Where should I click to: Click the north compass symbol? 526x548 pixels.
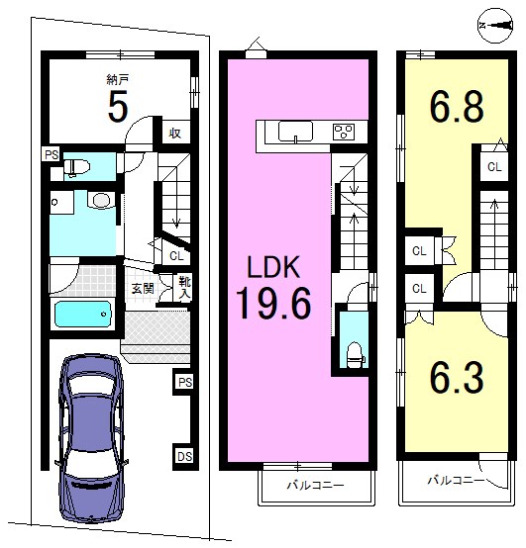point(495,25)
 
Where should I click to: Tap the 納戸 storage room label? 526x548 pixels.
point(117,80)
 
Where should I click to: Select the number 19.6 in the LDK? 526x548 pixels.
point(273,303)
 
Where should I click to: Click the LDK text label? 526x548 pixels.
point(273,267)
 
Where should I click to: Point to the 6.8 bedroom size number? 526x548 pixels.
point(457,106)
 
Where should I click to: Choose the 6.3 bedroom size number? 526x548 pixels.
point(457,378)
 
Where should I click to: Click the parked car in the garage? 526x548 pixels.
point(91,438)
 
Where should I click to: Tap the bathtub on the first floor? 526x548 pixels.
point(83,314)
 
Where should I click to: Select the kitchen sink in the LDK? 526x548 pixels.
point(295,132)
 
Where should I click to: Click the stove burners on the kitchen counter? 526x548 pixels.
point(344,132)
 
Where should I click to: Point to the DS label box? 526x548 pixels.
point(184,456)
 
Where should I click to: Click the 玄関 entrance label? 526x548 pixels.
point(143,289)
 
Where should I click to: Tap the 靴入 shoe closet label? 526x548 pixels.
point(184,288)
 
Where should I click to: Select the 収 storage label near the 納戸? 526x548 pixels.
point(175,133)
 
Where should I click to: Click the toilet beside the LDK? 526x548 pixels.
point(355,354)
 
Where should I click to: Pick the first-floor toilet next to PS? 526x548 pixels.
point(77,167)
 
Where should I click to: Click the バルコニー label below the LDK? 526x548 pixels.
point(315,485)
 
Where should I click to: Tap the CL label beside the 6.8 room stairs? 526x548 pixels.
point(494,167)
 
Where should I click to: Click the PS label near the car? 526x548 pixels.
point(185,383)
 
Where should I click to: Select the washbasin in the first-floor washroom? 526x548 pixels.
point(101,201)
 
